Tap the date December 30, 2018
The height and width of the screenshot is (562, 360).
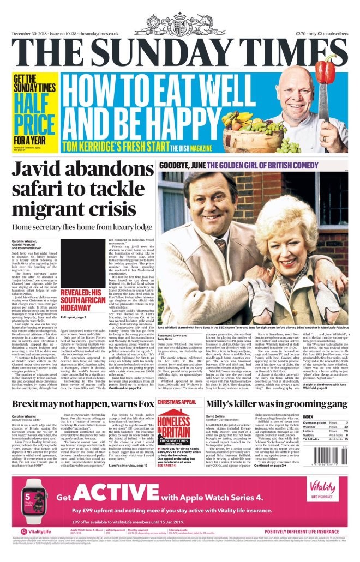click(31, 34)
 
